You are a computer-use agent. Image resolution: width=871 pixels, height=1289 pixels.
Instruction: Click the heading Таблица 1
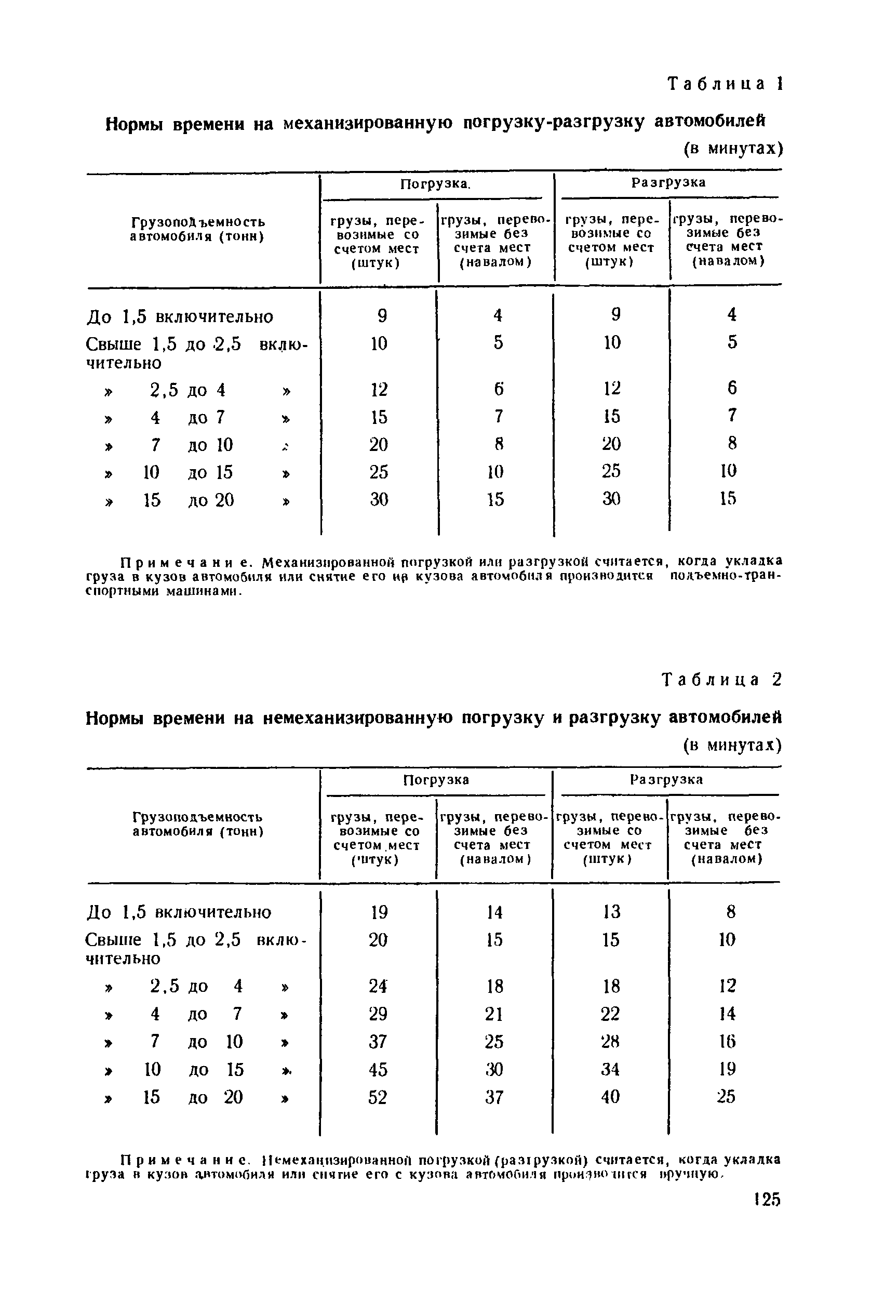coord(725,84)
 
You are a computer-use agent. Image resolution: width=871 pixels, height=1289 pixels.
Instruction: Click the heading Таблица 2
coord(722,680)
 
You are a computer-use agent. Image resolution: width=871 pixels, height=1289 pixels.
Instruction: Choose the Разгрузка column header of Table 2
coord(666,779)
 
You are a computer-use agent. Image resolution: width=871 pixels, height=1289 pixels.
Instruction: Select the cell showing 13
coord(610,912)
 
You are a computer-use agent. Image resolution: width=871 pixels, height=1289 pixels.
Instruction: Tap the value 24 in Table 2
coord(378,986)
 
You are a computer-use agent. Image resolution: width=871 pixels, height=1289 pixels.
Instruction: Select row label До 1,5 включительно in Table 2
coord(180,912)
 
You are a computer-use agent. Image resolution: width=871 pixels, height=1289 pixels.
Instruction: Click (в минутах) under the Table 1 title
coord(732,149)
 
